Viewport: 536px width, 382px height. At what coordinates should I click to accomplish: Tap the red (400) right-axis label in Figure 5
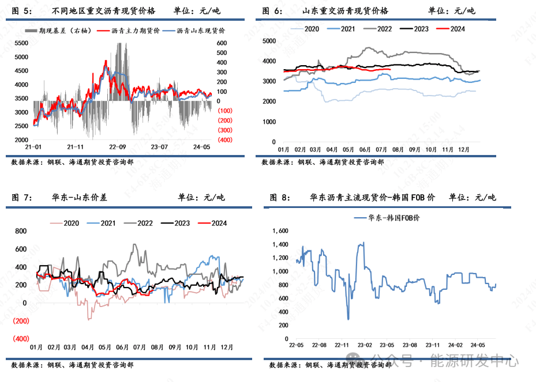[x=224, y=140]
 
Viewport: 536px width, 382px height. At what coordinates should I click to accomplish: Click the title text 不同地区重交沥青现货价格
[x=103, y=11]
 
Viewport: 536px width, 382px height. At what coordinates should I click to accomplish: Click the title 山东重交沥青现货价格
[x=345, y=11]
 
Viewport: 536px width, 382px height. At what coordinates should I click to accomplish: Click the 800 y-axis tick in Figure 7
[x=21, y=231]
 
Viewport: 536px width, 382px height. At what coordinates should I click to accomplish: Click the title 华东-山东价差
[x=79, y=198]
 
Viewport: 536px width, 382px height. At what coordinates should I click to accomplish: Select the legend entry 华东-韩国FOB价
[x=396, y=218]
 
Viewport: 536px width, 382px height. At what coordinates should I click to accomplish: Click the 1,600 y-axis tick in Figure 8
[x=279, y=230]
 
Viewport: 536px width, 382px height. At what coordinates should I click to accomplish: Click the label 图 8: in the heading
[x=280, y=198]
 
